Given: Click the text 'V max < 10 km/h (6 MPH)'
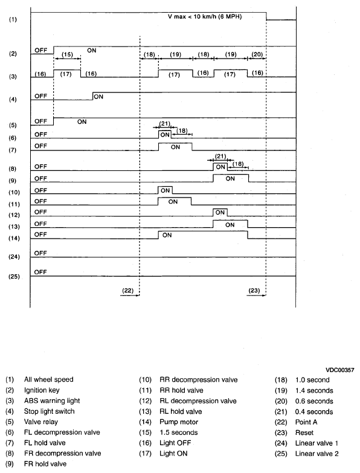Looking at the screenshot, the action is click(205, 17).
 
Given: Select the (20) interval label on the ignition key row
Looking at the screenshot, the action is click(257, 55).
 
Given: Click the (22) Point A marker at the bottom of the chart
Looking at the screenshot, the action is click(127, 291).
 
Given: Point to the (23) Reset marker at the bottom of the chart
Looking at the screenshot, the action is click(254, 291).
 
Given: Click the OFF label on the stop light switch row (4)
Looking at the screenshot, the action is click(40, 96).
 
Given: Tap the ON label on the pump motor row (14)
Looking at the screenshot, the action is click(167, 235).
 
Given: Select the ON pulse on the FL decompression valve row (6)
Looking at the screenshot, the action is click(164, 135).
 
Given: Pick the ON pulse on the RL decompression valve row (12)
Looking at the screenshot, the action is click(220, 213).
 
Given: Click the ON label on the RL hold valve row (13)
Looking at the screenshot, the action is click(246, 224).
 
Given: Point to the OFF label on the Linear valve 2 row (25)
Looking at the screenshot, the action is click(40, 272).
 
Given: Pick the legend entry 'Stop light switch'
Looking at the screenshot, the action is click(49, 411).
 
